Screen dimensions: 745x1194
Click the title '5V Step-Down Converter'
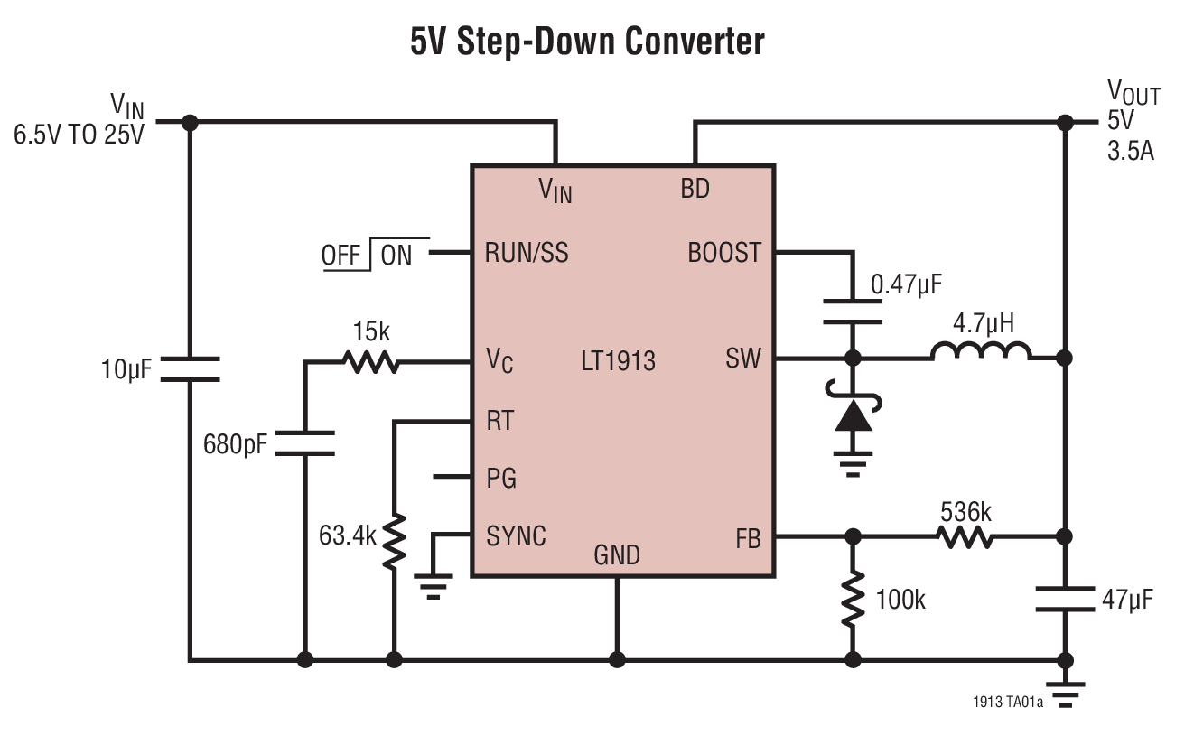pyautogui.click(x=587, y=42)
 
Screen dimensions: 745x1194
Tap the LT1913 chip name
pyautogui.click(x=618, y=362)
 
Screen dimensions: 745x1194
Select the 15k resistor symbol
pyautogui.click(x=369, y=362)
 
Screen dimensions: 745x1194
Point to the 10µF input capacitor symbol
pyautogui.click(x=190, y=368)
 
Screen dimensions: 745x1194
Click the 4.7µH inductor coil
pyautogui.click(x=980, y=352)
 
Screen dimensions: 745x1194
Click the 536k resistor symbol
pyautogui.click(x=965, y=537)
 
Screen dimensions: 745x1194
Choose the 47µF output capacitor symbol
pyautogui.click(x=1066, y=598)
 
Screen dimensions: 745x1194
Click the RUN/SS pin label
pyautogui.click(x=527, y=253)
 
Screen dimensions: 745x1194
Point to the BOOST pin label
pyautogui.click(x=724, y=253)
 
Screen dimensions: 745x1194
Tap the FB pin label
pyautogui.click(x=748, y=540)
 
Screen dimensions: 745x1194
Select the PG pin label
pyautogui.click(x=501, y=478)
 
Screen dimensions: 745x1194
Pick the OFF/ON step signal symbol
pyautogui.click(x=371, y=256)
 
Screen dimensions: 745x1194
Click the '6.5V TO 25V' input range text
pyautogui.click(x=79, y=136)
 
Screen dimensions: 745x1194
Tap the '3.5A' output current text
pyautogui.click(x=1130, y=150)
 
